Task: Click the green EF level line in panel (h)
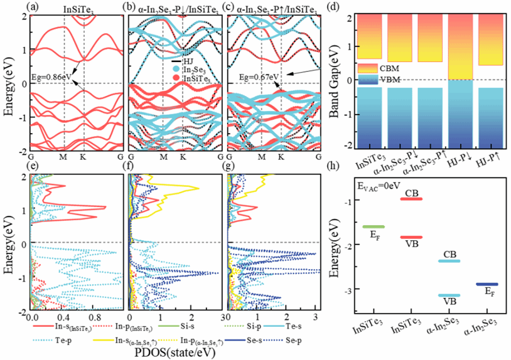(x=374, y=226)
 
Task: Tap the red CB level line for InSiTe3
(x=412, y=199)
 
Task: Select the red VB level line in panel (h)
(x=412, y=237)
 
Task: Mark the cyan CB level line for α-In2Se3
(x=449, y=261)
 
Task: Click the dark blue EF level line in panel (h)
(x=487, y=284)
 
